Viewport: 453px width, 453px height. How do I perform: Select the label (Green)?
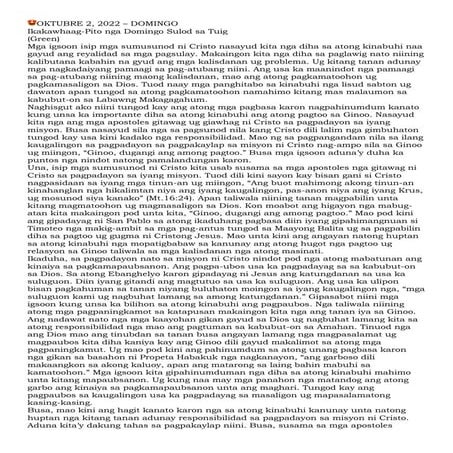[x=23, y=37]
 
